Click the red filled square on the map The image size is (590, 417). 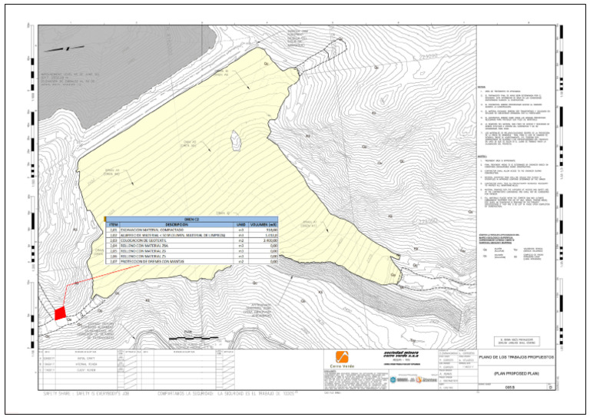point(59,313)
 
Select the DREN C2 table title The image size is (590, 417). point(191,218)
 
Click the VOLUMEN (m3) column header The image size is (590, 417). point(264,223)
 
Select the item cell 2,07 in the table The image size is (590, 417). point(113,261)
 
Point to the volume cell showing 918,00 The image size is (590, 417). point(266,229)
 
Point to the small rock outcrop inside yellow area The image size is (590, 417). point(235,137)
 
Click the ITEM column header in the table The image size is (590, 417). point(113,223)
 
